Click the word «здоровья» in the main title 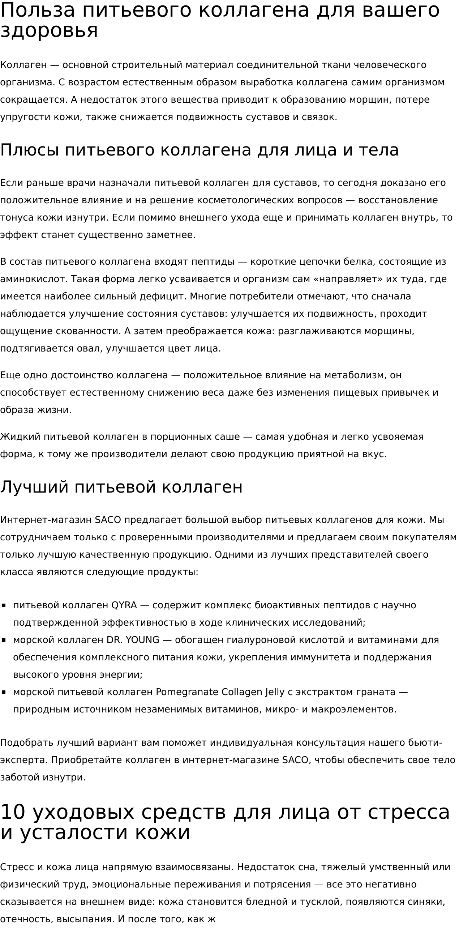(x=49, y=30)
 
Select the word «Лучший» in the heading (x=34, y=487)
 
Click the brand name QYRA (x=124, y=605)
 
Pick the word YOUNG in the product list (x=142, y=640)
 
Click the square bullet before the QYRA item (x=4, y=606)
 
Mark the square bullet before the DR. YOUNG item (x=4, y=640)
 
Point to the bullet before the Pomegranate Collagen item (x=4, y=693)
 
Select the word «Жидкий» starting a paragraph (x=20, y=437)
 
